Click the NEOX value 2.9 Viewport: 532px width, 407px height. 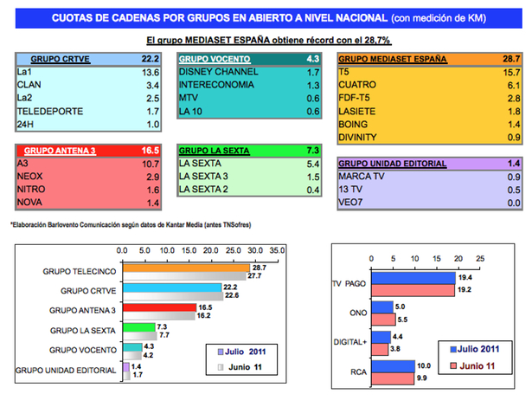pyautogui.click(x=152, y=176)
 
